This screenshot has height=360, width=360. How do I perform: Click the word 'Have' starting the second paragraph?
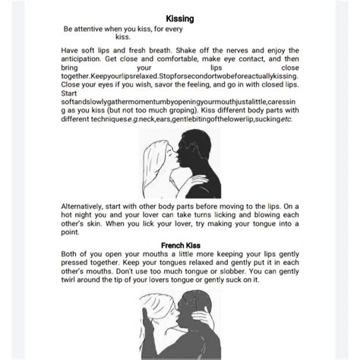coord(70,47)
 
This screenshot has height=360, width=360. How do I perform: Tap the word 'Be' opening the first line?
coord(69,27)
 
